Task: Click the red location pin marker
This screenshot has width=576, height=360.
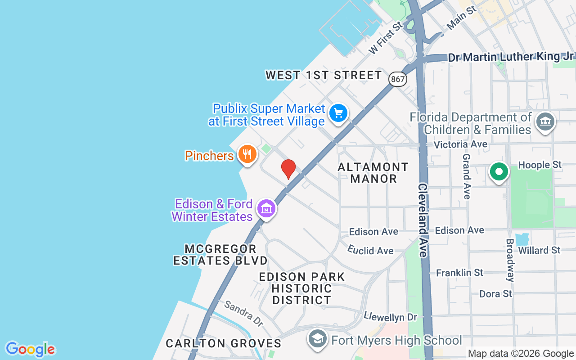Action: pyautogui.click(x=288, y=169)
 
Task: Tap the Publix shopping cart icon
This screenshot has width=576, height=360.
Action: pyautogui.click(x=338, y=113)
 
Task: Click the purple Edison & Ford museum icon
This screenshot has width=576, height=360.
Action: pyautogui.click(x=266, y=209)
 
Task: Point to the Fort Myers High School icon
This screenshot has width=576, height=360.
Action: pyautogui.click(x=318, y=339)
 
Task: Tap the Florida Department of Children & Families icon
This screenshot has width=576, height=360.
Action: pyautogui.click(x=545, y=121)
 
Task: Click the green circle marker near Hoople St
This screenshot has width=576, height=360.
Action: pyautogui.click(x=499, y=172)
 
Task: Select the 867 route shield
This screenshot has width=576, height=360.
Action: pyautogui.click(x=398, y=79)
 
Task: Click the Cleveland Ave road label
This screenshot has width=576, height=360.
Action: pyautogui.click(x=422, y=220)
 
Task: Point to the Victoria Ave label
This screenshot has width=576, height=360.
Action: pyautogui.click(x=460, y=144)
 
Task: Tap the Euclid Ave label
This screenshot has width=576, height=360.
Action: pyautogui.click(x=370, y=250)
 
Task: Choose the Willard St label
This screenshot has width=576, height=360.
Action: pyautogui.click(x=539, y=250)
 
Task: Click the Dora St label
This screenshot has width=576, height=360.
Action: pyautogui.click(x=495, y=293)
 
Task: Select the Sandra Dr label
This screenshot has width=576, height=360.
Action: pyautogui.click(x=243, y=314)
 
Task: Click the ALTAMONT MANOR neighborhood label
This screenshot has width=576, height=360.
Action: pyautogui.click(x=373, y=173)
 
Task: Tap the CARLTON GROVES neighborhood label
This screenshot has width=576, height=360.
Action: pyautogui.click(x=223, y=343)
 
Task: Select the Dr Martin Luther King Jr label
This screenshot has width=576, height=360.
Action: pyautogui.click(x=511, y=57)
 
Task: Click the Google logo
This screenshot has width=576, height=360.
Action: pyautogui.click(x=30, y=349)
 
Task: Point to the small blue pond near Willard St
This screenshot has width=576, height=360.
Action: pyautogui.click(x=522, y=239)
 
